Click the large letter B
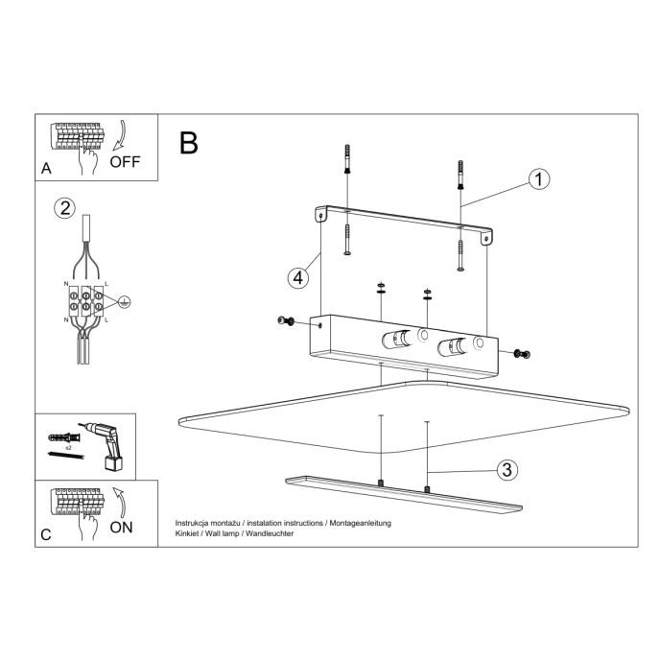pyautogui.click(x=188, y=143)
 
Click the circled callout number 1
pyautogui.click(x=539, y=179)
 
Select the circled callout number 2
pyautogui.click(x=64, y=209)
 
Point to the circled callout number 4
pyautogui.click(x=298, y=277)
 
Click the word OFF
pyautogui.click(x=125, y=161)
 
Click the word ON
pyautogui.click(x=122, y=527)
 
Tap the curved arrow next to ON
pyautogui.click(x=118, y=501)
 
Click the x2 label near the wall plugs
pyautogui.click(x=70, y=448)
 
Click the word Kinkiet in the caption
pyautogui.click(x=187, y=533)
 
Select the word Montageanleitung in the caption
pyautogui.click(x=360, y=523)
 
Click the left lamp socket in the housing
pyautogui.click(x=394, y=339)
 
